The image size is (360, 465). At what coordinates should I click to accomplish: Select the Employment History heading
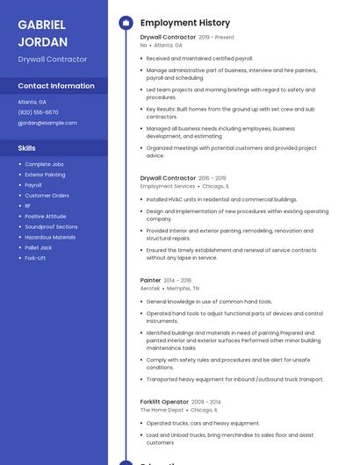[x=185, y=23]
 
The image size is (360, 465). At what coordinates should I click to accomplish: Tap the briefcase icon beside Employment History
[x=126, y=23]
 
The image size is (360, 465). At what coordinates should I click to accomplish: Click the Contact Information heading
[x=56, y=86]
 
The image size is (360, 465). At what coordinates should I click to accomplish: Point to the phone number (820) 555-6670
[x=38, y=112]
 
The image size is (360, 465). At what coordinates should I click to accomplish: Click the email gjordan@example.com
[x=47, y=123]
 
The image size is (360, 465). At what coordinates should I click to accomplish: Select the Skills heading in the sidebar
[x=27, y=148]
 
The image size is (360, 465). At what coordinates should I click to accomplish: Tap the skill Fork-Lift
[x=36, y=258]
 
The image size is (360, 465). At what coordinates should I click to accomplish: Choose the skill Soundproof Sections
[x=51, y=226]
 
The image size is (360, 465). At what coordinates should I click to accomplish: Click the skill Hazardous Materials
[x=50, y=237]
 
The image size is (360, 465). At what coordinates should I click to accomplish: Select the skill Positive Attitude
[x=46, y=216]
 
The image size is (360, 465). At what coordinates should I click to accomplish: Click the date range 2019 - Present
[x=217, y=38]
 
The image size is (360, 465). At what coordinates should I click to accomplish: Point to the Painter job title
[x=150, y=280]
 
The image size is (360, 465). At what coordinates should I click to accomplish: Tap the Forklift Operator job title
[x=163, y=402]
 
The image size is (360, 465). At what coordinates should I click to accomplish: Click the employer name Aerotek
[x=150, y=288]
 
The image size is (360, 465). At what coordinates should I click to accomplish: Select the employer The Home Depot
[x=162, y=410]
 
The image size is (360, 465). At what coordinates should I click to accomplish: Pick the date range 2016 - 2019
[x=212, y=178]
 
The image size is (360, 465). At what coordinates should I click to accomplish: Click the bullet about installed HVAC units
[x=221, y=199]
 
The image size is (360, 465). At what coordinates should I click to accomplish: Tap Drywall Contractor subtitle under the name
[x=53, y=59]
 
